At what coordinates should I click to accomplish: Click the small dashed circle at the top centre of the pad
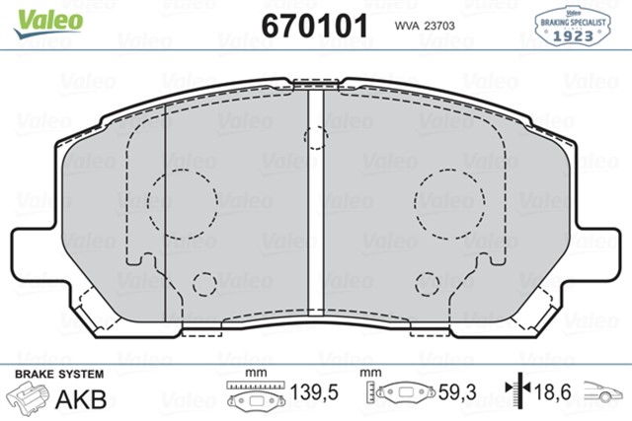point(316,138)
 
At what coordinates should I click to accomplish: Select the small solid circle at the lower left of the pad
point(204,285)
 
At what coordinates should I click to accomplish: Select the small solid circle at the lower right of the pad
point(427,285)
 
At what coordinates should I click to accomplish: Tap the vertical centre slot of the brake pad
point(316,207)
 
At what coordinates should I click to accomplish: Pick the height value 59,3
point(457,393)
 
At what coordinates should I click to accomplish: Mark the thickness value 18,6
point(555,393)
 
